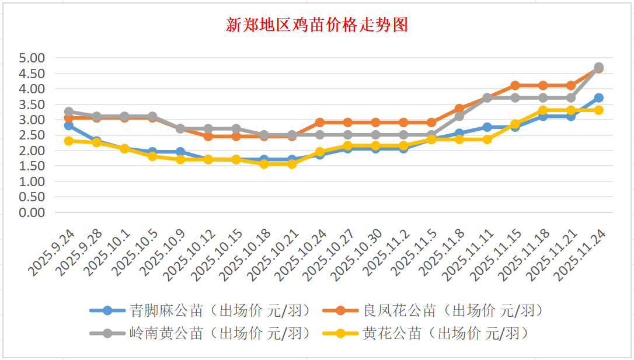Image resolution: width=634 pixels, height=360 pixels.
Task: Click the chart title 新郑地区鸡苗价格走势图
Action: tap(317, 25)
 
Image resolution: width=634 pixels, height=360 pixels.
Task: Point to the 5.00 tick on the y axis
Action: tap(32, 58)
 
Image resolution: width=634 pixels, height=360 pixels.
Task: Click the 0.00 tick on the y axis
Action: tap(32, 212)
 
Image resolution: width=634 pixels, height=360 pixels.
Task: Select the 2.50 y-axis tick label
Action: tap(32, 135)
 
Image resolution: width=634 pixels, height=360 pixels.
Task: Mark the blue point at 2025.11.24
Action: tap(598, 98)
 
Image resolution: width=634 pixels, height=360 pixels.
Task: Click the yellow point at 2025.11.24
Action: tap(598, 110)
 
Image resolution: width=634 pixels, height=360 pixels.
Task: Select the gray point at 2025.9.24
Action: tap(69, 111)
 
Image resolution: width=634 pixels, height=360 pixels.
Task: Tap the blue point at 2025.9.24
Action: tap(69, 125)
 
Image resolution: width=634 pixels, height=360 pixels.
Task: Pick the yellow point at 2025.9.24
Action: tap(69, 141)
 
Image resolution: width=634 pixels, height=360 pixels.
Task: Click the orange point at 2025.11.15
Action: tap(515, 86)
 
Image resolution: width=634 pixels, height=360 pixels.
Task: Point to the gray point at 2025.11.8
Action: tap(459, 116)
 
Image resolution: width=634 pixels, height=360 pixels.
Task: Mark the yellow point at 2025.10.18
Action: tap(264, 164)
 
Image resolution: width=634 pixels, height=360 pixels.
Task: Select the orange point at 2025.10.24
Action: tap(320, 123)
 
